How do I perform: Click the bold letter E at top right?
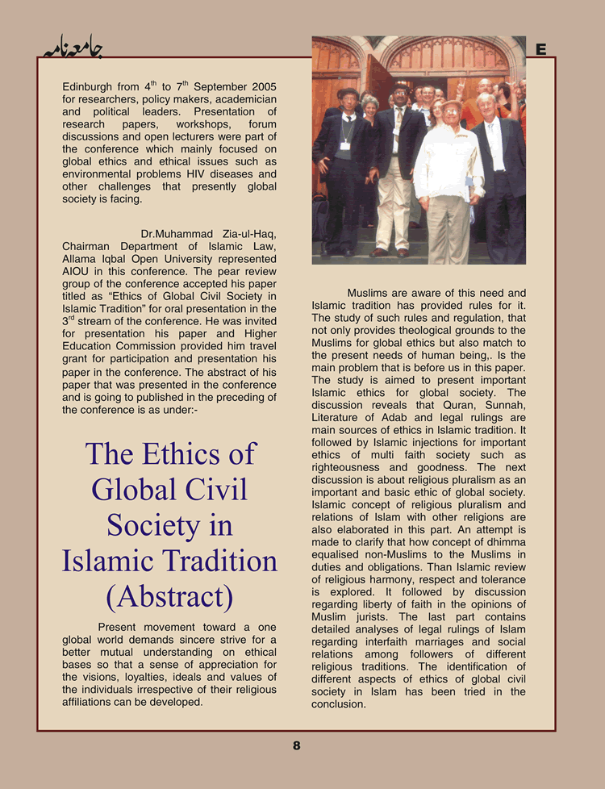click(541, 50)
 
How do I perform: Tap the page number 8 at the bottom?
click(296, 746)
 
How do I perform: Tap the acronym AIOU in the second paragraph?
click(77, 273)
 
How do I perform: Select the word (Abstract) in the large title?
click(169, 597)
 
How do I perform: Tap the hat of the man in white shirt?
click(452, 105)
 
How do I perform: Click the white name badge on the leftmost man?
click(345, 146)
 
